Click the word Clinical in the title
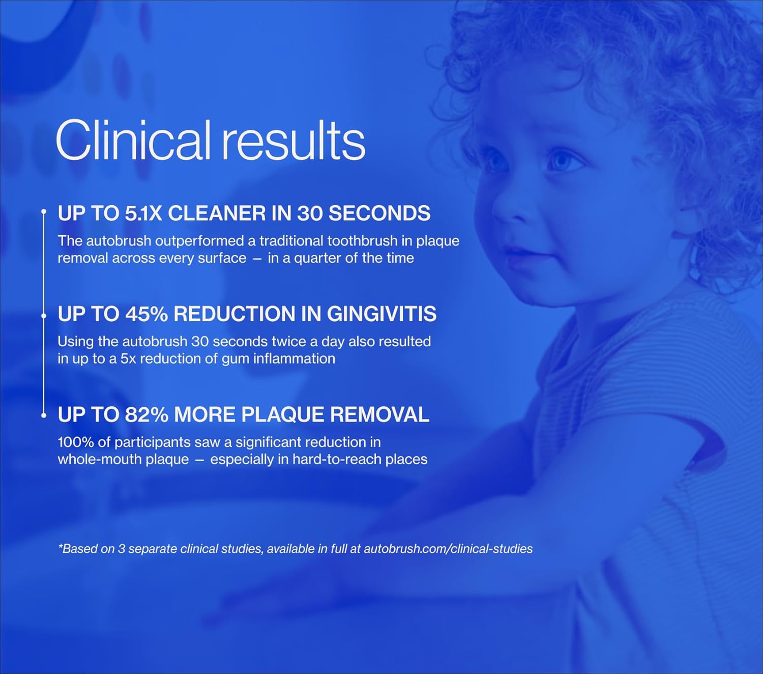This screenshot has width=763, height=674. tap(132, 140)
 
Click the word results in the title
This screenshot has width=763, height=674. tap(293, 141)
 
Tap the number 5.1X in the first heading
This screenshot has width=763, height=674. tap(143, 213)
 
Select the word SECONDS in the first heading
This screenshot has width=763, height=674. tap(379, 213)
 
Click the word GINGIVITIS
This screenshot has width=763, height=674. tap(382, 314)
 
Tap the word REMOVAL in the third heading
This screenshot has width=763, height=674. tap(380, 415)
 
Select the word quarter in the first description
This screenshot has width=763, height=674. tap(317, 258)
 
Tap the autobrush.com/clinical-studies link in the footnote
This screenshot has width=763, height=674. tap(448, 549)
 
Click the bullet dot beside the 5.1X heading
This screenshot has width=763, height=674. tap(44, 211)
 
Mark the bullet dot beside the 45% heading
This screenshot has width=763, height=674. tap(44, 316)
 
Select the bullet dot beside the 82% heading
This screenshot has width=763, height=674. tap(44, 415)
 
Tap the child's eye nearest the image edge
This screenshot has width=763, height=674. tap(562, 162)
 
